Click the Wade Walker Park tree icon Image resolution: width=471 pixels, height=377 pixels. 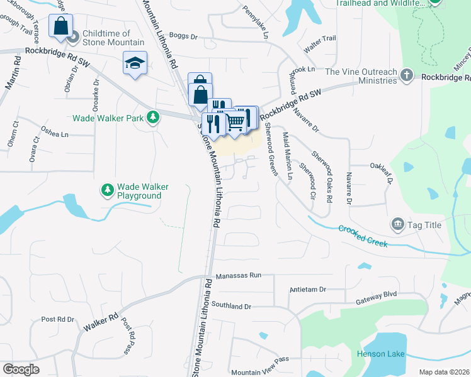coord(152,117)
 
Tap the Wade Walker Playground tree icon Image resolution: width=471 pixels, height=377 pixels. coord(108,189)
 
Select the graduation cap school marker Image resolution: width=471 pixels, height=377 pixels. coord(135,63)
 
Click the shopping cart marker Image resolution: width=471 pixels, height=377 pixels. coord(235,121)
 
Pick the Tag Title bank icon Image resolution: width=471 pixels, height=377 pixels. coord(397,223)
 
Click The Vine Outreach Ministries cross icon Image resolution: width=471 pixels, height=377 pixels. coord(407,76)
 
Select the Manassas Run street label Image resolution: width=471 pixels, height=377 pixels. coord(237,275)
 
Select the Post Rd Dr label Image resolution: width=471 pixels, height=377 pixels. coord(57,319)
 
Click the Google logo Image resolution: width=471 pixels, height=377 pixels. coord(21,369)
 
